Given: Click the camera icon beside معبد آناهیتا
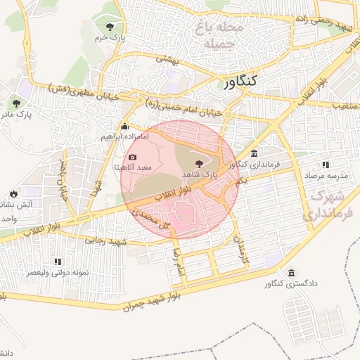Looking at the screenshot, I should (133, 157).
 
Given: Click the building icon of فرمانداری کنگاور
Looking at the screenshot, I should (254, 154).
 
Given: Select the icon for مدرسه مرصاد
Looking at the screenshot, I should (325, 162).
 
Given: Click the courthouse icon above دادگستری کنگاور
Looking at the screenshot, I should (291, 273).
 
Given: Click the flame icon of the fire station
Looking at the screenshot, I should (13, 193).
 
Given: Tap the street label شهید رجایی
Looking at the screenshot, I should (107, 241).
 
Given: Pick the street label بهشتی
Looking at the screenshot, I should (168, 62).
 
